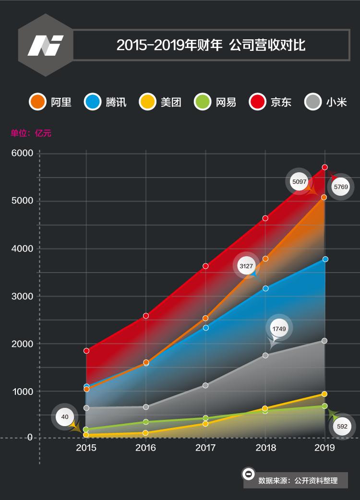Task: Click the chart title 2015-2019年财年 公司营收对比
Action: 211,45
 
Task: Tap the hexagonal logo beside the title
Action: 46,45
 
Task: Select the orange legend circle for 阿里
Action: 37,102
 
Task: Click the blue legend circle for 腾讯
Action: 92,102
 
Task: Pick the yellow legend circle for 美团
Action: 147,102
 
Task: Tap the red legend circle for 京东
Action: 258,102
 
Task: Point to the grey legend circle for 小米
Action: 313,102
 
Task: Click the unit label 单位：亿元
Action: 31,133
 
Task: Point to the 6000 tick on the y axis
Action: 23,153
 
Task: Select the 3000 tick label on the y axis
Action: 23,296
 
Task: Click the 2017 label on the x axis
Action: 205,448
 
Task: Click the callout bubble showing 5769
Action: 341,187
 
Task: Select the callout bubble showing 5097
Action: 299,181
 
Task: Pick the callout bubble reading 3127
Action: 246,266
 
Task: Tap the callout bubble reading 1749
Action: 279,329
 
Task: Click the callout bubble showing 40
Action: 65,417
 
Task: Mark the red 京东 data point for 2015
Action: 86,351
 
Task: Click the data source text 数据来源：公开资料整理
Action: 298,480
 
